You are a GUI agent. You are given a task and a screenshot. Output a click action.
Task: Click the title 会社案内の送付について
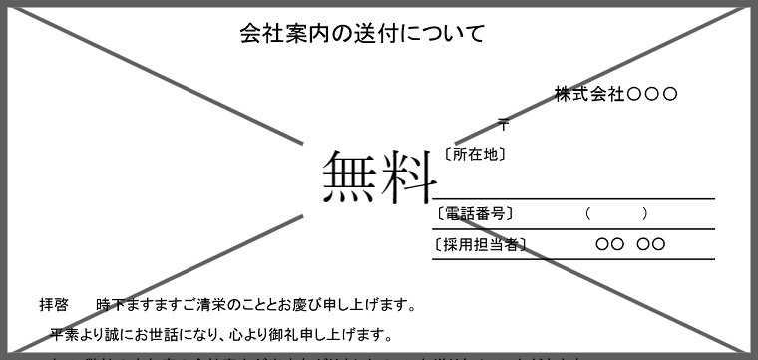point(362,34)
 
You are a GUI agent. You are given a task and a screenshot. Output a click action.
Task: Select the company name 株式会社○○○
point(616,95)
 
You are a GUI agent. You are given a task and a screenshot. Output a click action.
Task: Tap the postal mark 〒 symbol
point(504,125)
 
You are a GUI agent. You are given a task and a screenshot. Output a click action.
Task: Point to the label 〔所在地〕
point(475,155)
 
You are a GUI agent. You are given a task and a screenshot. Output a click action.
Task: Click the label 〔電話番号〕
point(475,213)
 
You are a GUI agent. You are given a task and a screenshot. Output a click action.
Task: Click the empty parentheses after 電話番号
point(617,213)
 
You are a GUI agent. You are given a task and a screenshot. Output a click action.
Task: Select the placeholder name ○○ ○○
point(629,244)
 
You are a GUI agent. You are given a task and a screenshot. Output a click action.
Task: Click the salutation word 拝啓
point(53,304)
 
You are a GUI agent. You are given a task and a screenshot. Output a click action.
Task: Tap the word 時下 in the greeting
point(109,304)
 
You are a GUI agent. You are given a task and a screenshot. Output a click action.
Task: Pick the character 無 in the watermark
point(350,177)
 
